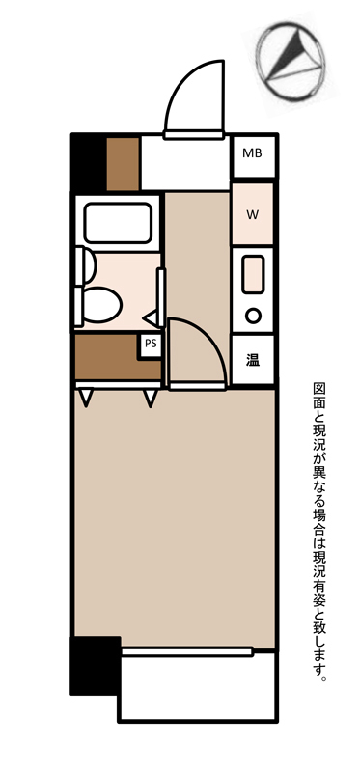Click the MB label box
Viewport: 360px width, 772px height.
pos(252,155)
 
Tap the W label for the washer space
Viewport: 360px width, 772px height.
pos(252,214)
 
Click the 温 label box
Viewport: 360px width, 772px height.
pos(252,360)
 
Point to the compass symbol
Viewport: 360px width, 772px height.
pos(291,61)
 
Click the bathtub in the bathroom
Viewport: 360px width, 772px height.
pos(117,223)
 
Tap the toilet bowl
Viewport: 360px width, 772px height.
pos(100,305)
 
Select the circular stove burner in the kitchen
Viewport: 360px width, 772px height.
pos(253,316)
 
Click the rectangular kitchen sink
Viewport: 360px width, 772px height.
pos(253,275)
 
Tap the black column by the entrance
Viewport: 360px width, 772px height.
pos(89,163)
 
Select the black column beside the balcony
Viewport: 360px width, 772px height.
pos(96,666)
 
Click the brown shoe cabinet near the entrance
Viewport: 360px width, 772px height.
pos(124,164)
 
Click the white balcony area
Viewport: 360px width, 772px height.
pos(197,688)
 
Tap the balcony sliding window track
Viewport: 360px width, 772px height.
pos(186,652)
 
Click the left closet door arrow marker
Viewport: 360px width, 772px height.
pos(86,398)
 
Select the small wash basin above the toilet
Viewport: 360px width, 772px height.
pos(88,266)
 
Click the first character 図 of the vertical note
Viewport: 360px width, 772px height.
pos(319,389)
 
